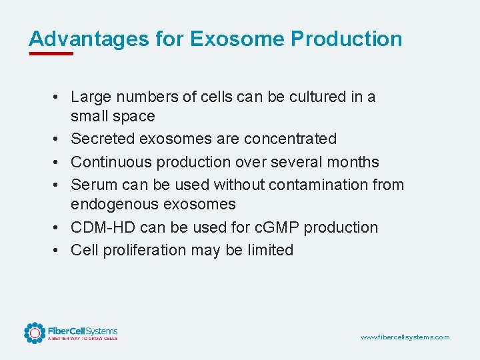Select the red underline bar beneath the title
coord(51,53)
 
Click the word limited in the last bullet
coord(269,250)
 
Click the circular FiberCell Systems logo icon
coord(35,333)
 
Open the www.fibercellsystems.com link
coord(405,337)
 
